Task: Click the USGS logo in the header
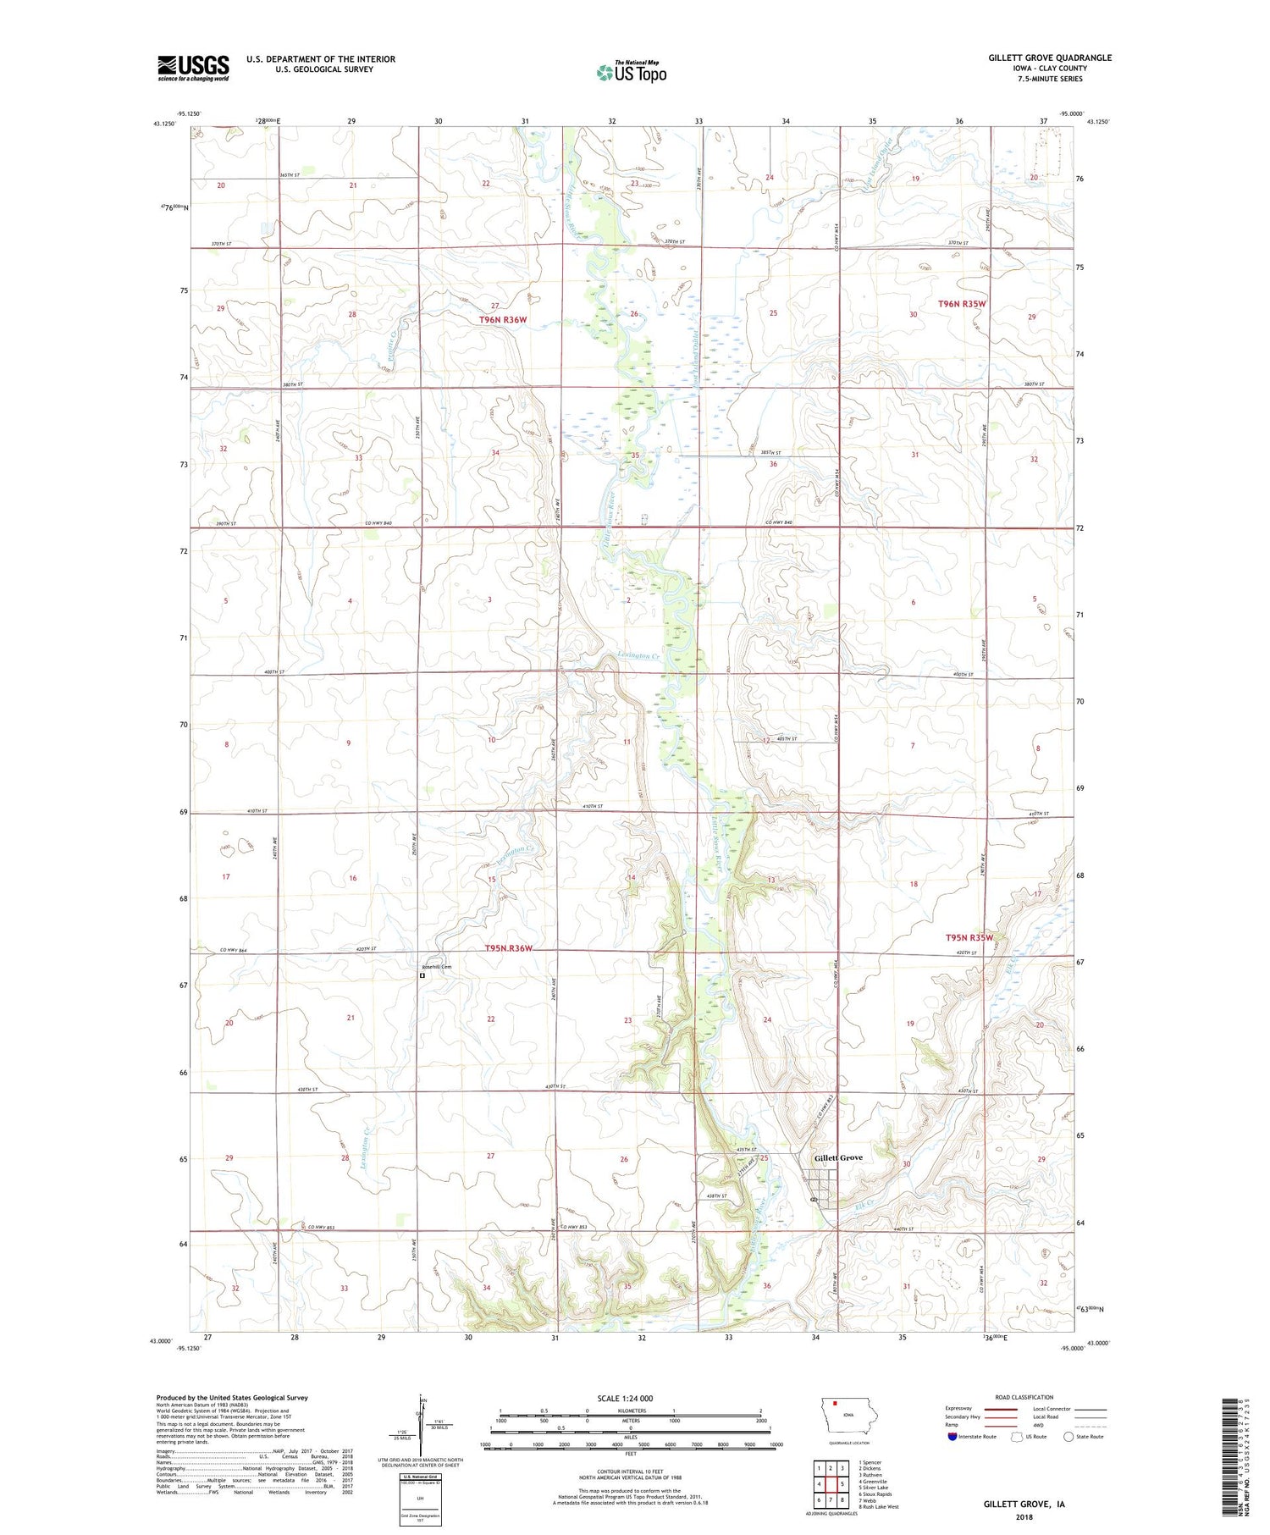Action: (193, 68)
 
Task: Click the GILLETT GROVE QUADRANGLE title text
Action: (1049, 58)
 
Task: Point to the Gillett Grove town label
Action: (838, 1157)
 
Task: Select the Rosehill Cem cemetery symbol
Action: (422, 975)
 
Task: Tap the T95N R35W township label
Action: (969, 938)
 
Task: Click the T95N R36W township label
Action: (508, 948)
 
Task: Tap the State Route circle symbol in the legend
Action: (1068, 1437)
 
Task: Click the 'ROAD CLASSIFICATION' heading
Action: (1024, 1397)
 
